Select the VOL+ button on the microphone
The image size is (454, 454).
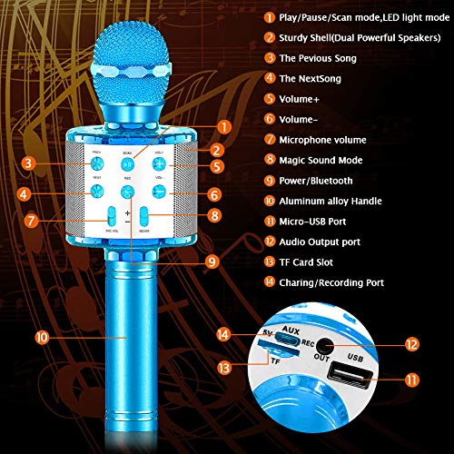[159, 164]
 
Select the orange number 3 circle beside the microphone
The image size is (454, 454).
[29, 164]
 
